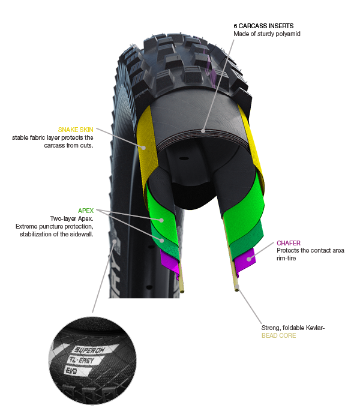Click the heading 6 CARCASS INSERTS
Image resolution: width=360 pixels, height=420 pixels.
263,26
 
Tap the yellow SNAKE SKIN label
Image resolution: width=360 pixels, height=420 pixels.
76,130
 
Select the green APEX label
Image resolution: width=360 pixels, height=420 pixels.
86,211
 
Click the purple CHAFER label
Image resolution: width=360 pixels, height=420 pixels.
289,243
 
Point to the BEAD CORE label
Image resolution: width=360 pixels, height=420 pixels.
278,335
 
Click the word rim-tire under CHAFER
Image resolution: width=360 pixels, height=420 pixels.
286,258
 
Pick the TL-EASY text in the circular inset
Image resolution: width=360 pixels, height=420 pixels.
82,360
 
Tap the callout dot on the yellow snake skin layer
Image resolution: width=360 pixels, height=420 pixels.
143,148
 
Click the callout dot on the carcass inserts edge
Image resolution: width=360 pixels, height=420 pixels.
203,131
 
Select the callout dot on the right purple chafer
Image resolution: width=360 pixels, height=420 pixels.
249,259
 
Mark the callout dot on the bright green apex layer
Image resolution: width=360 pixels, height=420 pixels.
161,220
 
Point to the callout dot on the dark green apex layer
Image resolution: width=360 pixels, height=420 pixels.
161,240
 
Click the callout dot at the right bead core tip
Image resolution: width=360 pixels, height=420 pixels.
237,288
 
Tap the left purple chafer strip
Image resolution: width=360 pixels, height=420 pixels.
170,263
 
